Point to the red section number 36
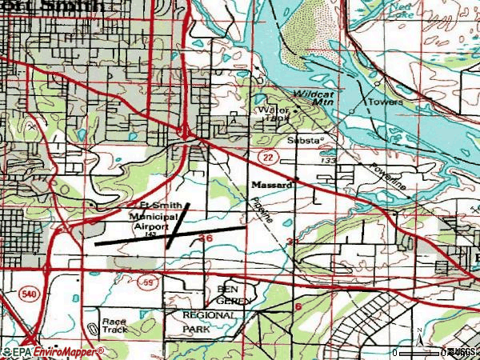tap(206, 238)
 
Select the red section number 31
tap(293, 242)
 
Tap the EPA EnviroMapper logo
tap(53, 351)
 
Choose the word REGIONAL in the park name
tap(210, 315)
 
